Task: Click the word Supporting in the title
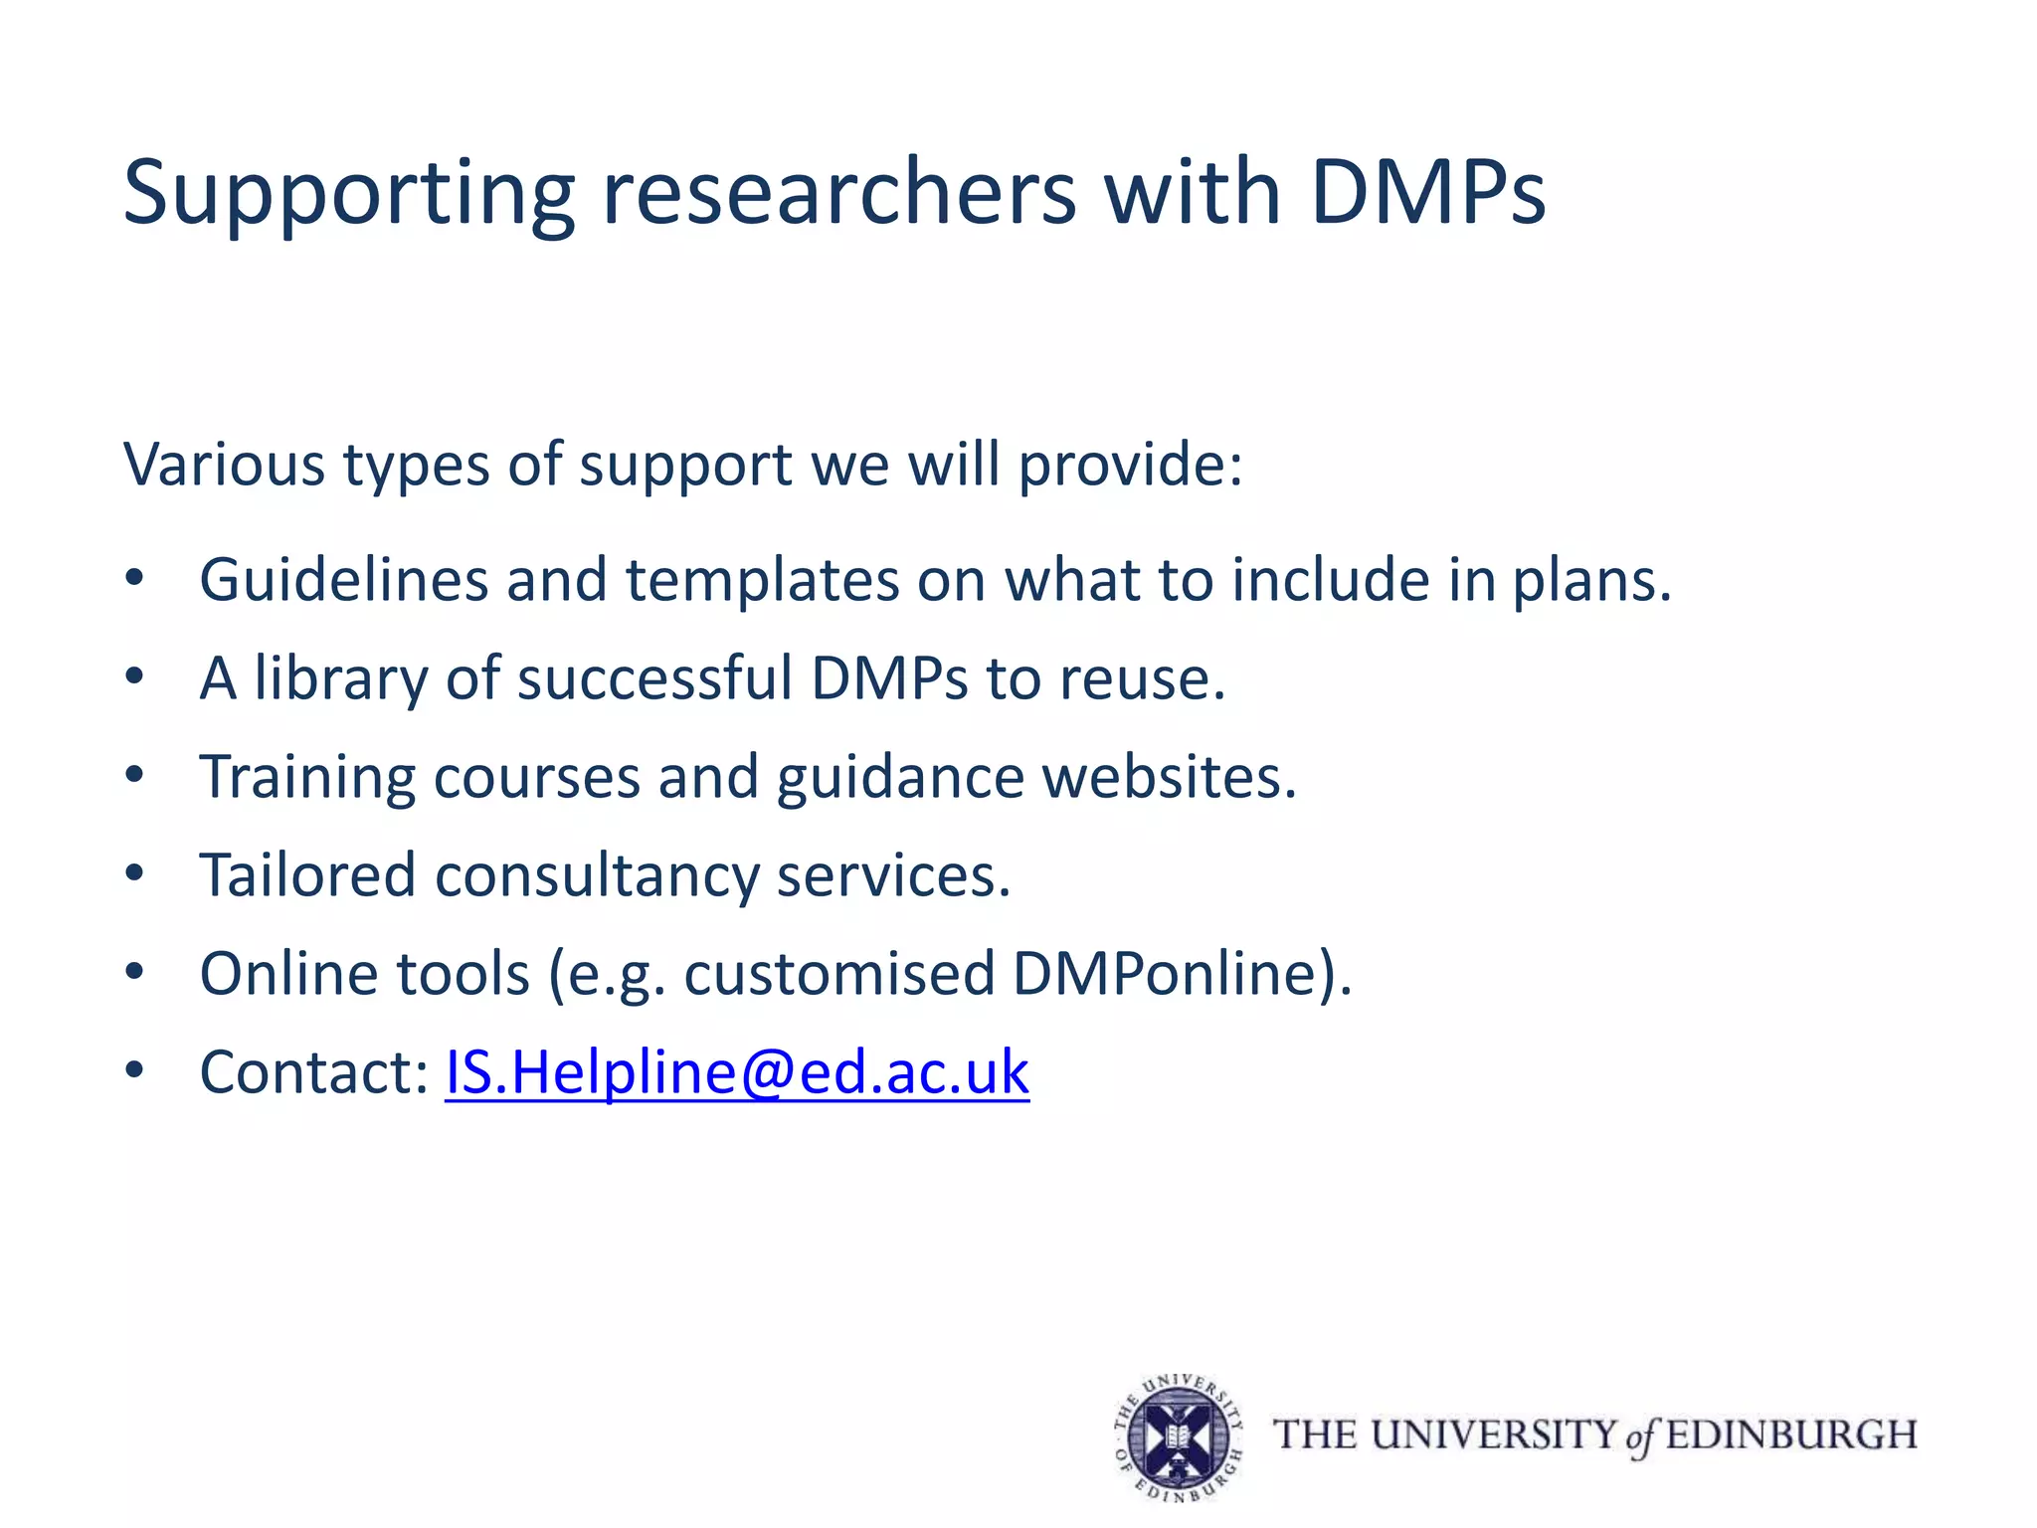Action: [x=348, y=194]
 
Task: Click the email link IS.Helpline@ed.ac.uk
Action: [x=737, y=1072]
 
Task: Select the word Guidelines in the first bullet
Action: [x=343, y=579]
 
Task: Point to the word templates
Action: [x=762, y=579]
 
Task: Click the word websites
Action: [x=1169, y=777]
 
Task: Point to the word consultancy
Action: [x=597, y=875]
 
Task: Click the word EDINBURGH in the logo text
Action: [x=1791, y=1435]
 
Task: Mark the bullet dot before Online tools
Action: [x=135, y=972]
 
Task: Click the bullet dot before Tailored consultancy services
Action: [x=135, y=873]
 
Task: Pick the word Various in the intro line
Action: [x=224, y=464]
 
